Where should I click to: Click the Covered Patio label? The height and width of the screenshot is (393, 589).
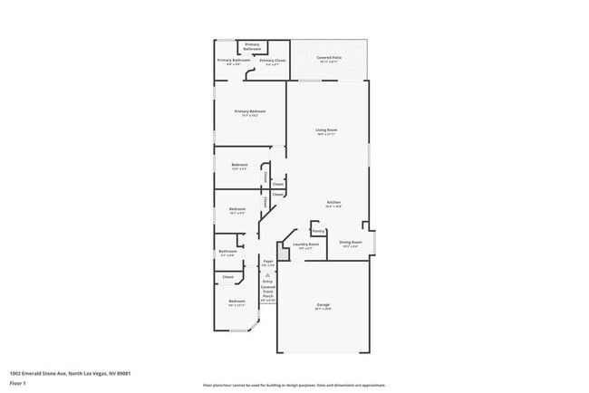click(328, 58)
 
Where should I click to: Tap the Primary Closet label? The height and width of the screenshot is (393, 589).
click(273, 61)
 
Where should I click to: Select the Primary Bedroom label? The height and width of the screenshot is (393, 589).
click(249, 111)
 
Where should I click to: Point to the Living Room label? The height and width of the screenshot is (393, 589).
click(327, 130)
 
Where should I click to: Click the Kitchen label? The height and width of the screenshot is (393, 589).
click(333, 202)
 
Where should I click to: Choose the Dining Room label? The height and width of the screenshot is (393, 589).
click(352, 242)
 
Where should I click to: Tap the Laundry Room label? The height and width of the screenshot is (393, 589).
click(306, 244)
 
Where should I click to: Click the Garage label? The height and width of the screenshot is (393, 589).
click(323, 304)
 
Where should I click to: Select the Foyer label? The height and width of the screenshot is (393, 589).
click(268, 261)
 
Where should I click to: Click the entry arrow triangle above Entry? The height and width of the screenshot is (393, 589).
click(268, 273)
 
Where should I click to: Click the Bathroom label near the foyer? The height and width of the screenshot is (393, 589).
click(227, 252)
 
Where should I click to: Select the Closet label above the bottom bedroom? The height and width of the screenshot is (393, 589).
click(227, 277)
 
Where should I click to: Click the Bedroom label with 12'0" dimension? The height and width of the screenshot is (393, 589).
click(239, 165)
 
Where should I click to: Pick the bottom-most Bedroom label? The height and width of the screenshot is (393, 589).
click(237, 301)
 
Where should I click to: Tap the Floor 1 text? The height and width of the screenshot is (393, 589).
click(18, 382)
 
